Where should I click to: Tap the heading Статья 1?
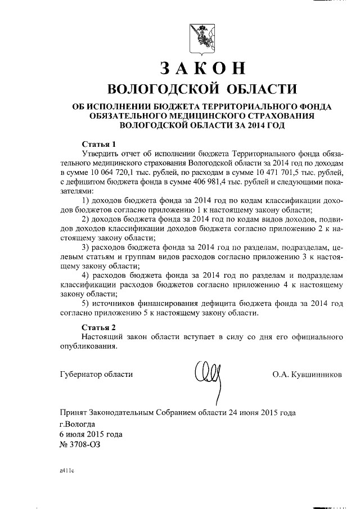pyautogui.click(x=98, y=143)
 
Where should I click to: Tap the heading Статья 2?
pyautogui.click(x=98, y=327)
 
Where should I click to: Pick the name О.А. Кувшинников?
pyautogui.click(x=306, y=374)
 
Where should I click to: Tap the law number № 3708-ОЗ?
pyautogui.click(x=82, y=444)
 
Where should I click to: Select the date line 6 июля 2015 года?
pyautogui.click(x=90, y=434)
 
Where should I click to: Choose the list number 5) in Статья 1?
pyautogui.click(x=85, y=303)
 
